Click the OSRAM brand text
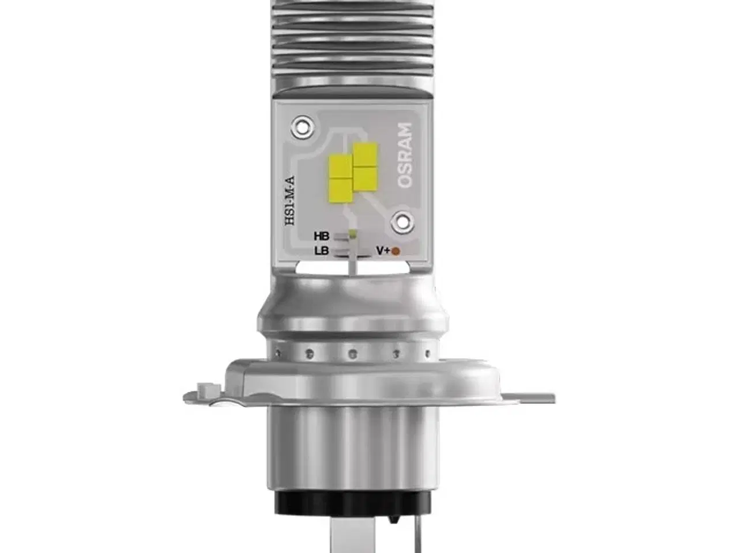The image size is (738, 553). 406,154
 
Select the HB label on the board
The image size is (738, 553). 322,236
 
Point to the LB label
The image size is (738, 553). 322,251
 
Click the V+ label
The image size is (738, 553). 383,251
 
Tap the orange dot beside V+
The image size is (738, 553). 396,251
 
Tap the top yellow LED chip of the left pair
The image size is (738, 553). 340,166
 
